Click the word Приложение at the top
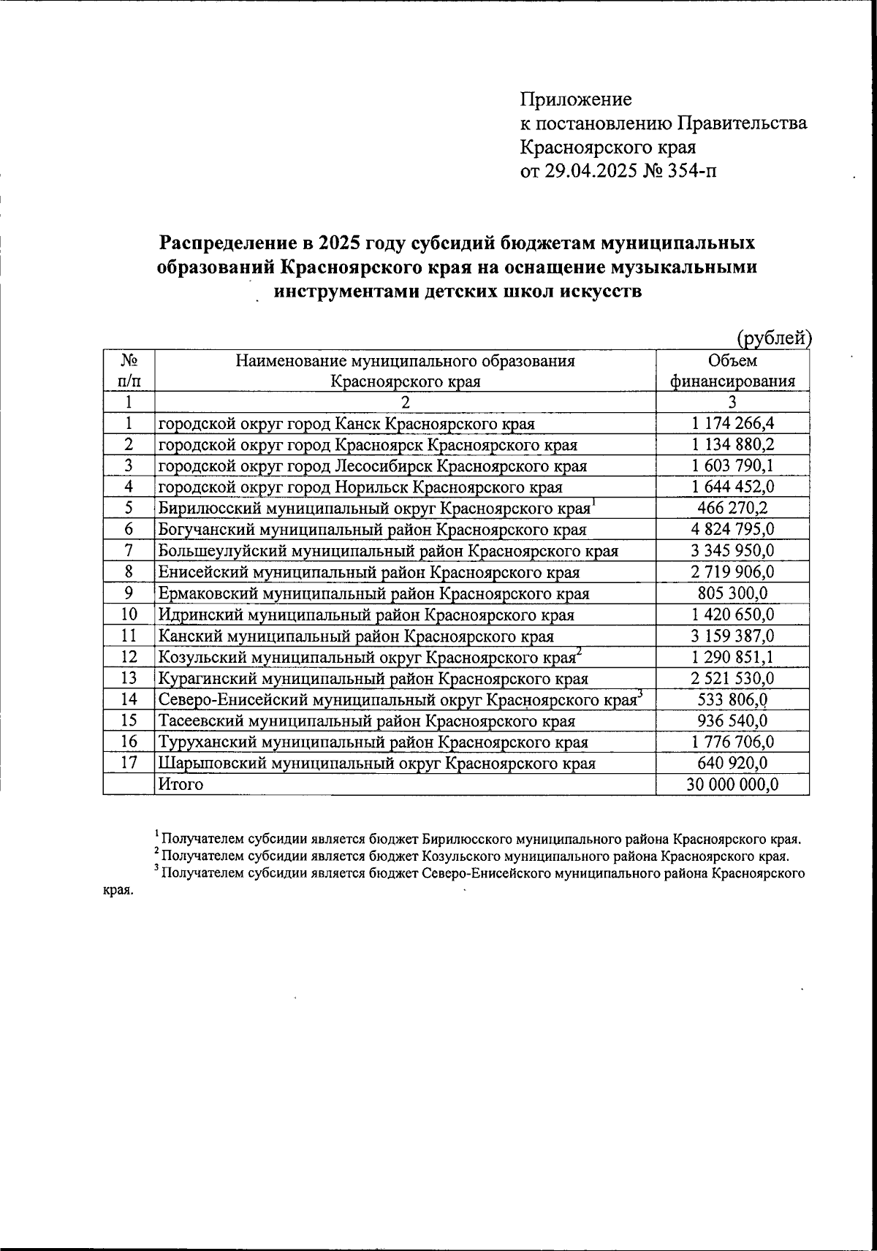pyautogui.click(x=575, y=99)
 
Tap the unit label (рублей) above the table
pyautogui.click(x=774, y=338)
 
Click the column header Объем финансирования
pyautogui.click(x=733, y=370)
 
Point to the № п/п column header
pyautogui.click(x=129, y=370)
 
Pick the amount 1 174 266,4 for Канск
pyautogui.click(x=733, y=424)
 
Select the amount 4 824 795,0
pyautogui.click(x=733, y=530)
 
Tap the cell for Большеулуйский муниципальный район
pyautogui.click(x=388, y=551)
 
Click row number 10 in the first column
pyautogui.click(x=129, y=615)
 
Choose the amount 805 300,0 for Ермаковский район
pyautogui.click(x=733, y=593)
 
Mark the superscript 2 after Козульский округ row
pyautogui.click(x=579, y=652)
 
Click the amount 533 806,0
pyautogui.click(x=733, y=699)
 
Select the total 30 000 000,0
pyautogui.click(x=733, y=785)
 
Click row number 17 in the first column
pyautogui.click(x=129, y=763)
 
